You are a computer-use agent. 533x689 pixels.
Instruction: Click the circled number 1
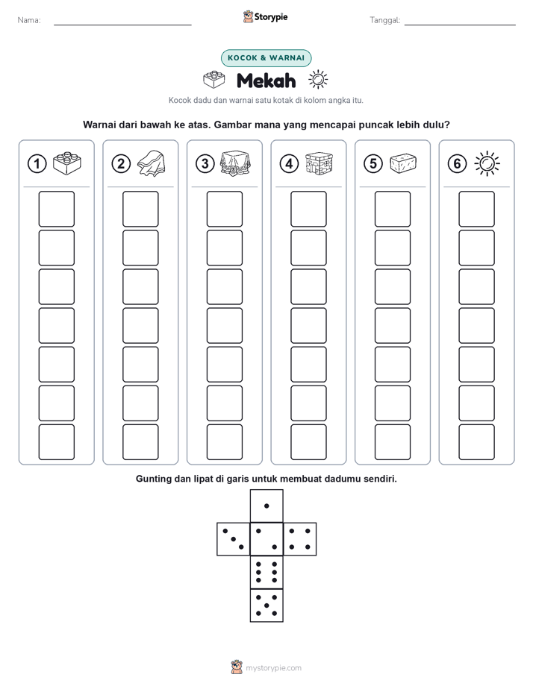point(37,164)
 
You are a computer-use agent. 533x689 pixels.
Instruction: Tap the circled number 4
point(289,164)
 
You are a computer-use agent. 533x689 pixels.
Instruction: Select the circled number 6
point(457,164)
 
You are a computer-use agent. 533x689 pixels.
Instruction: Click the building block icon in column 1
point(67,163)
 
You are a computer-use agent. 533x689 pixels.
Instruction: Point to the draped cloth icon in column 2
point(152,163)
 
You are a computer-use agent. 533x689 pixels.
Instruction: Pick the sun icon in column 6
point(487,163)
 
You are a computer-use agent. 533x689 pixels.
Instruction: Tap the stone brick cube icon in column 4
point(320,163)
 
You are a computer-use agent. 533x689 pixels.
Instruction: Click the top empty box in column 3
point(225,209)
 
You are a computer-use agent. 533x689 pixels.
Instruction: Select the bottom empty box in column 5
point(393,442)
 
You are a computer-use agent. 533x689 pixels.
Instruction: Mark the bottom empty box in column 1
point(57,442)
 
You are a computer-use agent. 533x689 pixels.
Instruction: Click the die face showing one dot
point(266,506)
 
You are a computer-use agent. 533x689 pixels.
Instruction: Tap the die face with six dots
point(266,572)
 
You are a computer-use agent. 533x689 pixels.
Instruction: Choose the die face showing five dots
point(266,605)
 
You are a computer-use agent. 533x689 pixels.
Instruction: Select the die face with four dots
point(300,539)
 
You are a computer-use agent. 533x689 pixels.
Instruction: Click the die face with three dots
point(234,539)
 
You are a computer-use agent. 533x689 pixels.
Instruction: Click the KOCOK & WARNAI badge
point(266,58)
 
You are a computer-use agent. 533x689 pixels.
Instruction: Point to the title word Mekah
point(266,81)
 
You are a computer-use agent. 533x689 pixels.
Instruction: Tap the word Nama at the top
point(29,20)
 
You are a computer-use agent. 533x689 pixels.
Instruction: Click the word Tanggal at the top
point(385,20)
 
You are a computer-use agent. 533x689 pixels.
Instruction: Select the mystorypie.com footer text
point(273,668)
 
